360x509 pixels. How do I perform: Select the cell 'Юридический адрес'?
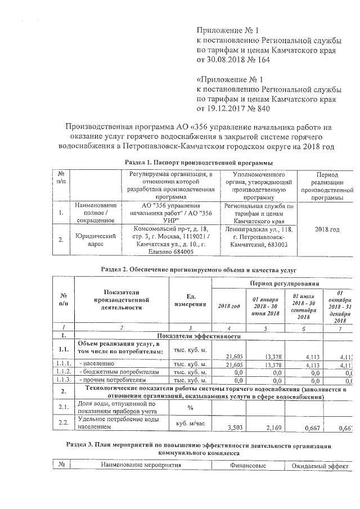pyautogui.click(x=95, y=241)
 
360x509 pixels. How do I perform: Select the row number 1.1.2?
pyautogui.click(x=63, y=372)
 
